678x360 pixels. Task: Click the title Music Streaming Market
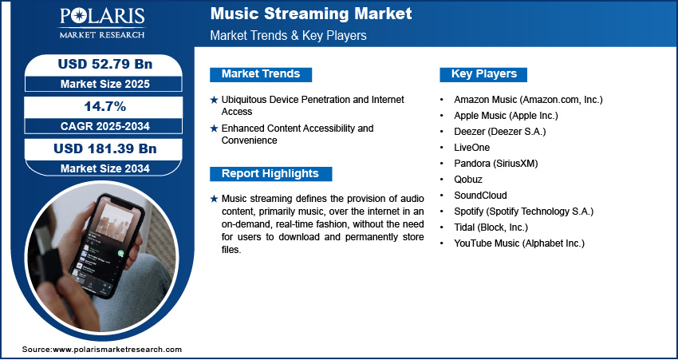[x=311, y=14]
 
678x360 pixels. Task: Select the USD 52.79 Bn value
[x=105, y=64]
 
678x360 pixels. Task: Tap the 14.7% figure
[x=105, y=106]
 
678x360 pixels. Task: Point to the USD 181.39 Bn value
[x=105, y=148]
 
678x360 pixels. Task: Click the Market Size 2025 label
[x=105, y=84]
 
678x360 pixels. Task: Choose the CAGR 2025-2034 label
[x=105, y=126]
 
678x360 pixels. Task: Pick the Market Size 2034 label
[x=105, y=168]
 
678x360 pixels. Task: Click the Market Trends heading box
[x=261, y=74]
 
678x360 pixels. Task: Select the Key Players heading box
[x=484, y=74]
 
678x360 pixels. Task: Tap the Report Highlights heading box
[x=270, y=174]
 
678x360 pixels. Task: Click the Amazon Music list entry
[x=528, y=100]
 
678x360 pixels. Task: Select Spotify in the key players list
[x=523, y=212]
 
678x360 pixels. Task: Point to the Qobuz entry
[x=468, y=180]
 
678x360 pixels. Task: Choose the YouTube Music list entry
[x=519, y=243]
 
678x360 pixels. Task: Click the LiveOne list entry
[x=471, y=148]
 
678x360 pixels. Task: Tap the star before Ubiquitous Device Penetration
[x=214, y=100]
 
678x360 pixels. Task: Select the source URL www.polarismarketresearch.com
[x=117, y=350]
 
